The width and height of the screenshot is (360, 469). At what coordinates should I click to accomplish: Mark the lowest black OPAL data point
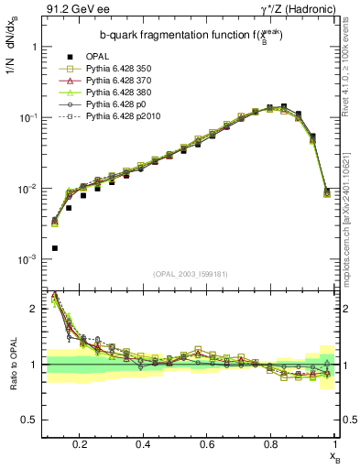(x=54, y=248)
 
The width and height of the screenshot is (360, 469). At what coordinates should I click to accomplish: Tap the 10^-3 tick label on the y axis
(x=27, y=260)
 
